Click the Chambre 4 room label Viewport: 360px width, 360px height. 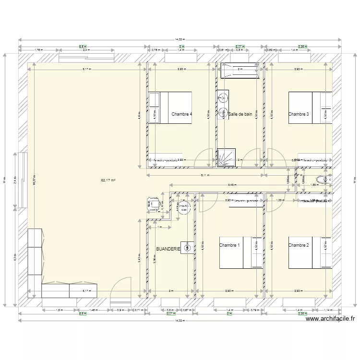(x=181, y=114)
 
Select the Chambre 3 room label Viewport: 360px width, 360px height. (x=299, y=114)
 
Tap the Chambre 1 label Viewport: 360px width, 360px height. (x=229, y=245)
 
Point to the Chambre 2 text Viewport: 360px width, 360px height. (x=299, y=245)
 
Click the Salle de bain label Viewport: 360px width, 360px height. (x=240, y=114)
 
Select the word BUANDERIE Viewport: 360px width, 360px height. (x=168, y=249)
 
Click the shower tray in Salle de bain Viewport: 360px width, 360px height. (x=224, y=158)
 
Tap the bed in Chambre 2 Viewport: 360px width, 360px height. (x=310, y=252)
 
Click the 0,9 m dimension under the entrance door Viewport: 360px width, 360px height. (x=120, y=311)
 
